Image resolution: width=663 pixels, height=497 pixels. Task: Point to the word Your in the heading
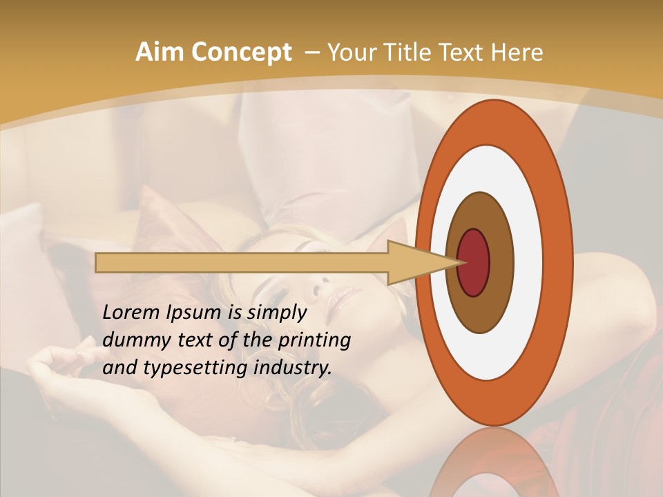point(350,52)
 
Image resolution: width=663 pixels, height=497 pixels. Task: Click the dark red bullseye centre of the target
point(474,262)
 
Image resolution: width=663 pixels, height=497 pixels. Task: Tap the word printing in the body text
point(314,341)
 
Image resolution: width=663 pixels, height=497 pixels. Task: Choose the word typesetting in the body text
point(195,369)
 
